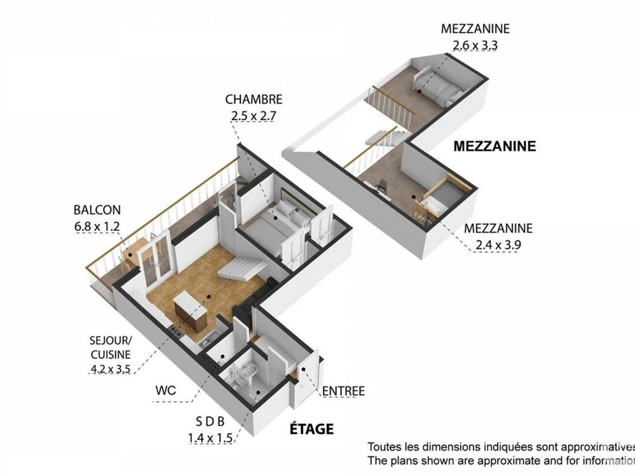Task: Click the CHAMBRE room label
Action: [x=253, y=99]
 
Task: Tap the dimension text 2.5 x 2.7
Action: [x=253, y=116]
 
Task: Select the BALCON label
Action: [x=97, y=210]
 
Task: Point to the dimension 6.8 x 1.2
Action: [x=97, y=226]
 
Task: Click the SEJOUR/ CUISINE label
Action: [x=110, y=347]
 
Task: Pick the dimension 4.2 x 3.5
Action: [x=111, y=369]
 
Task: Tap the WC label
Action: [x=166, y=391]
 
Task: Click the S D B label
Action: [x=210, y=422]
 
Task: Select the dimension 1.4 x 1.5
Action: [x=210, y=438]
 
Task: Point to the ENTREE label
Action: [x=343, y=391]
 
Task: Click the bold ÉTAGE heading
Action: [x=311, y=428]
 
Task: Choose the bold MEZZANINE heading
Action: [x=495, y=146]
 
